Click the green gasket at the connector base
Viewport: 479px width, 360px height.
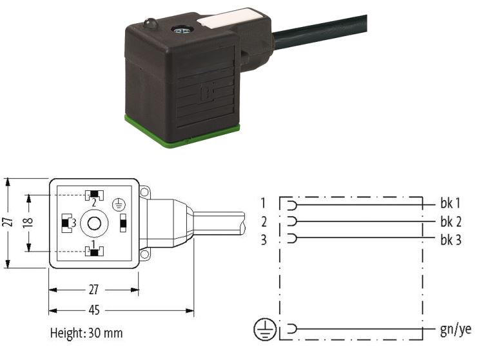182,134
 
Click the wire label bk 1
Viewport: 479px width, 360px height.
450,203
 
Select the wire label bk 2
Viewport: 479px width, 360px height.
451,221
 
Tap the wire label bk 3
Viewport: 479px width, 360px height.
451,240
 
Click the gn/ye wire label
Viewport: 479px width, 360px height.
456,330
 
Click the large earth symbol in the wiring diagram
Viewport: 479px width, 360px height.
265,330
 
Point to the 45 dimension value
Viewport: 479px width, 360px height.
94,310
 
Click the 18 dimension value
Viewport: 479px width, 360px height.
28,221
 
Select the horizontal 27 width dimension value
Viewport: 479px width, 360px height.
93,290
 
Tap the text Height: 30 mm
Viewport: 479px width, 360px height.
86,333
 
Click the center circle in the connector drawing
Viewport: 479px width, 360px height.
94,223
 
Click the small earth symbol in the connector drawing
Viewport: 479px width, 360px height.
119,205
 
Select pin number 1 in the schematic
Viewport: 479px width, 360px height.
263,203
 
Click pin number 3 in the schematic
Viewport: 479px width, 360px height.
264,240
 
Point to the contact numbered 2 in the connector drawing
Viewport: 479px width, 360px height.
94,195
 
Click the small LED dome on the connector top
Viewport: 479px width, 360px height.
150,23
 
